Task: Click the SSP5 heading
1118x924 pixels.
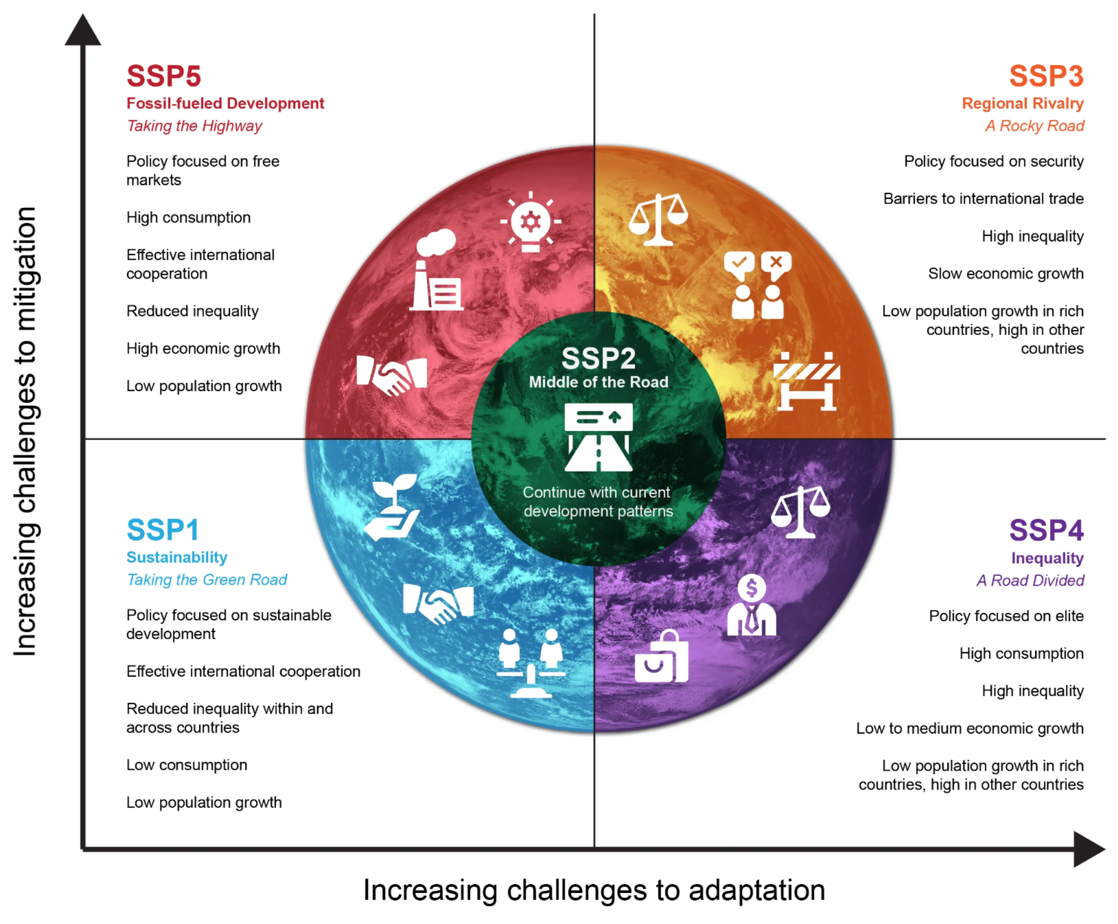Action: (x=163, y=76)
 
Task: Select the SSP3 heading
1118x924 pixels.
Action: (x=1046, y=76)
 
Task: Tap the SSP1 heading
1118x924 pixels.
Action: (x=163, y=530)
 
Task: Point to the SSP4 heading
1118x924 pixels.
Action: (x=1046, y=531)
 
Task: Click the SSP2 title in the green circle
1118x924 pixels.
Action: (x=598, y=358)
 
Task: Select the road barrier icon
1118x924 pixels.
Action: (x=806, y=382)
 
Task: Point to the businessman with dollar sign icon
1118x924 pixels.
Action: (x=752, y=605)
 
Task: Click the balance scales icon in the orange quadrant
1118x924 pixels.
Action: (x=658, y=219)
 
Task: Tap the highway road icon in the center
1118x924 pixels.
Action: (x=598, y=437)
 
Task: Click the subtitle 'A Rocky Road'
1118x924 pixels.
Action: (x=1034, y=126)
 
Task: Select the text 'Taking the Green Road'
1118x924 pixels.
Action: (x=207, y=580)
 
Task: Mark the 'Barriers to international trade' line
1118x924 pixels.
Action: (x=983, y=199)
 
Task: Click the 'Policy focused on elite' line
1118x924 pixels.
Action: (x=1005, y=616)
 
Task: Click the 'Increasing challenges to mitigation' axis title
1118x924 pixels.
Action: (x=25, y=431)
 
